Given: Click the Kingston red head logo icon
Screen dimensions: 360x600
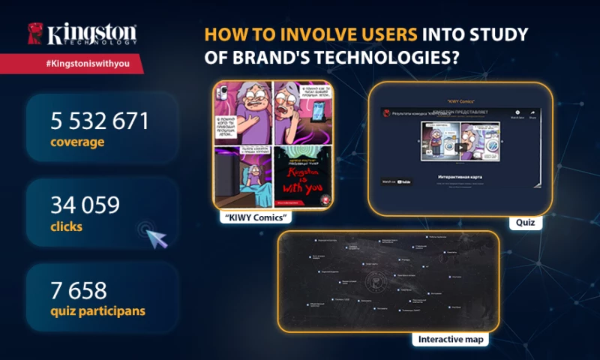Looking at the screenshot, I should coord(34,34).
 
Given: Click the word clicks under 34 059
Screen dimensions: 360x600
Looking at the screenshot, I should coord(65,224).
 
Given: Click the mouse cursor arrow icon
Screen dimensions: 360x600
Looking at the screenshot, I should coord(156,239).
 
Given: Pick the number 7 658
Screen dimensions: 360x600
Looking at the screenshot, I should coord(79,289).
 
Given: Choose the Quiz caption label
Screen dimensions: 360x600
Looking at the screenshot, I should coord(526,223).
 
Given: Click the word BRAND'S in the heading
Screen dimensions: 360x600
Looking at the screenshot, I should coord(243,56).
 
